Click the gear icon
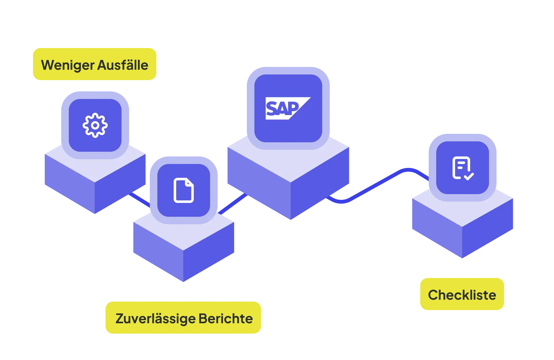(95, 125)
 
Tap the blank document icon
(184, 190)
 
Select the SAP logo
(288, 108)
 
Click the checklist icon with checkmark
(463, 168)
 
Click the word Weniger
(68, 65)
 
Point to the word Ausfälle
(123, 65)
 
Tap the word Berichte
(225, 319)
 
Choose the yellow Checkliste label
(462, 295)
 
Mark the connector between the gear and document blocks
(139, 199)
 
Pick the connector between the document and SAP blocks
(232, 204)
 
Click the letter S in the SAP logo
(272, 109)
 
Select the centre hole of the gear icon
(95, 125)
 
